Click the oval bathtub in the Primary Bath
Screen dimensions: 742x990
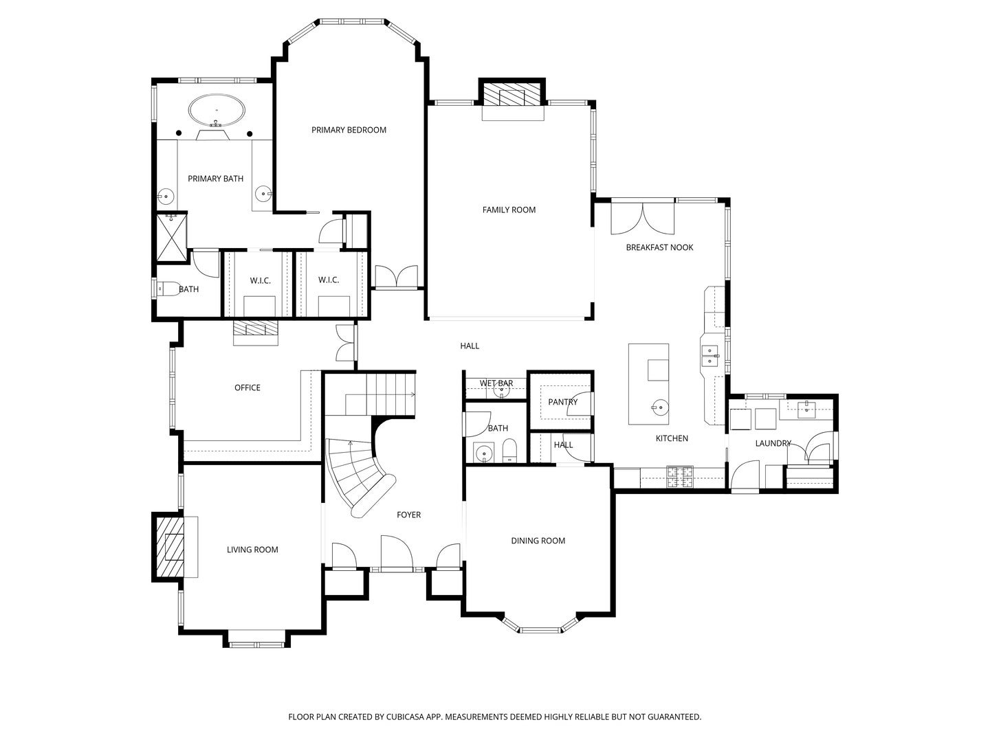pos(216,110)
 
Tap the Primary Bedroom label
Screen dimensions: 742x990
pos(349,130)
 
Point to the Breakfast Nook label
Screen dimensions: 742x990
pos(659,247)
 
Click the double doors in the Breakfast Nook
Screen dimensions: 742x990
pos(642,218)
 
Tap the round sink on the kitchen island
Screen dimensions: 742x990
pos(658,407)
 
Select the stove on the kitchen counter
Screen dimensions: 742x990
pos(679,477)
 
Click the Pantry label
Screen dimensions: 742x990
pos(562,402)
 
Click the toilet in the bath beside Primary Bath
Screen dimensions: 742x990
pos(168,289)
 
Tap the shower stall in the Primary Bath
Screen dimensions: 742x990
pos(171,238)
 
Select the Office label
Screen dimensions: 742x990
pos(247,387)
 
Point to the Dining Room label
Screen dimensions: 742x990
pos(538,541)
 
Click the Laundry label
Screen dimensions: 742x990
pos(773,443)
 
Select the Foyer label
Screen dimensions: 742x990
pos(408,515)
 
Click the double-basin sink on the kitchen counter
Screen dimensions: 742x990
pos(710,356)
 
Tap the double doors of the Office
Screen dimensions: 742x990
pos(343,341)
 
